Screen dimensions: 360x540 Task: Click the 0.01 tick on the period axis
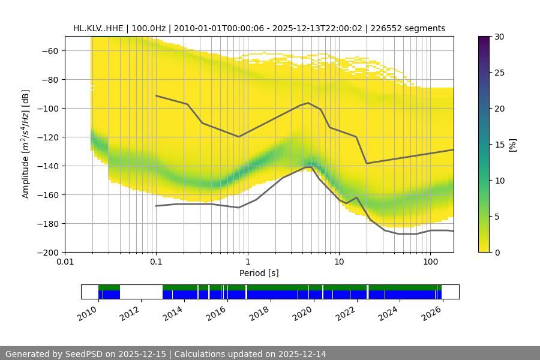pos(65,262)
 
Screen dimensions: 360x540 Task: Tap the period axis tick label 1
pos(247,262)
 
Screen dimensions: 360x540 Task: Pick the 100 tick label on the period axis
pos(430,262)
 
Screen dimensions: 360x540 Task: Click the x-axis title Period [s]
pos(259,273)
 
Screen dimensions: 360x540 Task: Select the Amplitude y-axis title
pos(26,145)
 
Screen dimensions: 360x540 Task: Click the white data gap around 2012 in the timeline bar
pos(141,292)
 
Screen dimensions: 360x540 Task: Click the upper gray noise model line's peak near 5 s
pos(308,103)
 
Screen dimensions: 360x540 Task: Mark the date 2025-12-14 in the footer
pos(302,354)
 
